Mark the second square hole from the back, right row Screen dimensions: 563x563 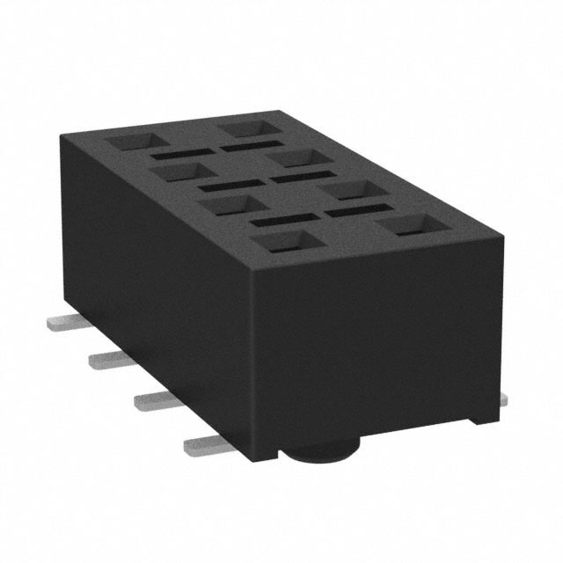click(x=293, y=158)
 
